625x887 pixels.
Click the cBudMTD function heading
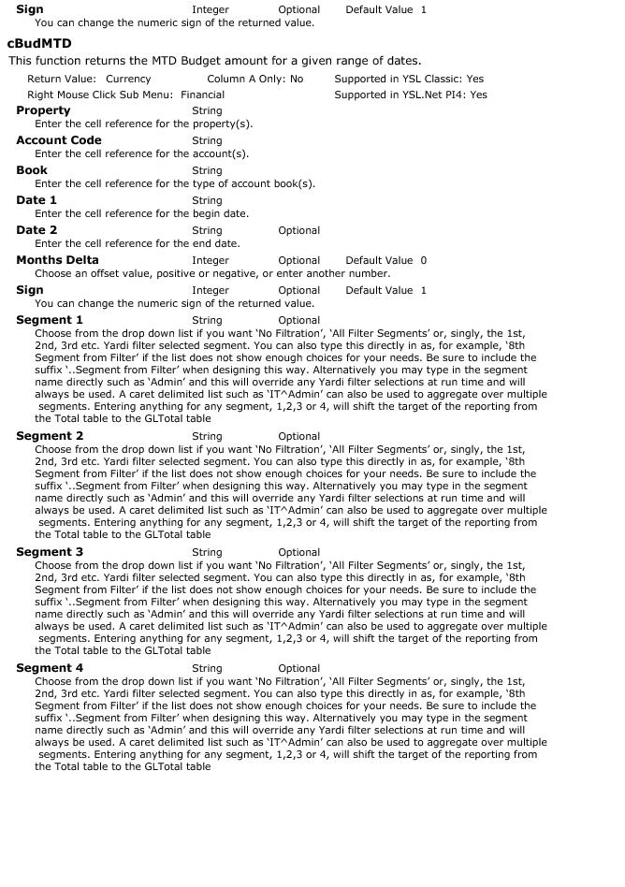click(39, 43)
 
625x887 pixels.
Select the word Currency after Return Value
click(128, 80)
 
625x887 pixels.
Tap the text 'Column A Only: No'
click(254, 80)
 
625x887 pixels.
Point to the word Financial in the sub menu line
click(202, 95)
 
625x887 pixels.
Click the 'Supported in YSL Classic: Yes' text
click(409, 80)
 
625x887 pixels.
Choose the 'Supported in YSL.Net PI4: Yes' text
click(411, 95)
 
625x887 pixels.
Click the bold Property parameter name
click(43, 110)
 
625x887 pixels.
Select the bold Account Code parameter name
click(59, 140)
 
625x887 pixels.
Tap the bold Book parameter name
click(32, 170)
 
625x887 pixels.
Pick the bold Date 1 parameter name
click(36, 200)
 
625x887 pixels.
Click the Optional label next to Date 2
click(298, 230)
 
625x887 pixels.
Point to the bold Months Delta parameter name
click(57, 260)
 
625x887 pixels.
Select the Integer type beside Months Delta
click(211, 260)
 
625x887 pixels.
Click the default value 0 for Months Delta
click(423, 260)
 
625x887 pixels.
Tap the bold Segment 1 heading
click(50, 320)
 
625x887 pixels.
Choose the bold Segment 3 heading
click(50, 552)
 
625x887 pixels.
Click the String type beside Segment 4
click(207, 668)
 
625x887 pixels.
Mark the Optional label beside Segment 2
click(298, 436)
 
